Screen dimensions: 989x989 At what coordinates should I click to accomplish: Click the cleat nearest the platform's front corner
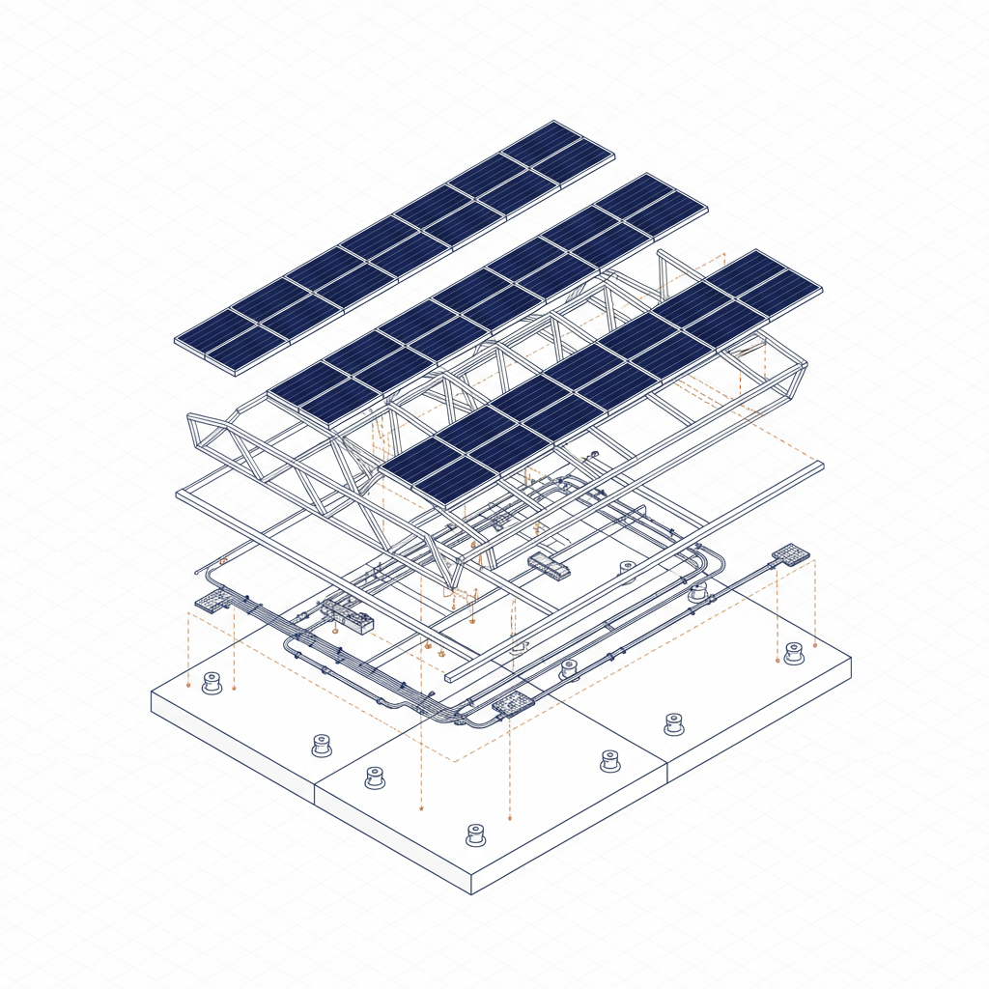475,834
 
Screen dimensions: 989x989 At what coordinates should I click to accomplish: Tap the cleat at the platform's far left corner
212,684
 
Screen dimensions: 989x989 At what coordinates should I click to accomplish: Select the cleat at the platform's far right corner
794,653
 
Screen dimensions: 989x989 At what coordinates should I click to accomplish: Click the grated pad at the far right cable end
790,553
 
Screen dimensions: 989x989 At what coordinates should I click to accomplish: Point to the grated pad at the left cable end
212,603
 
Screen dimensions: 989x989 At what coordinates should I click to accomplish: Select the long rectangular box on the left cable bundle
348,615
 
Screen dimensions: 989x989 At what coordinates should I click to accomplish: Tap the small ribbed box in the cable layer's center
549,565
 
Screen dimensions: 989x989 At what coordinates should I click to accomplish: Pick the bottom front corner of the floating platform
472,893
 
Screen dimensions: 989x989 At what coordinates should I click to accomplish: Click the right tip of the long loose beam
821,466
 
